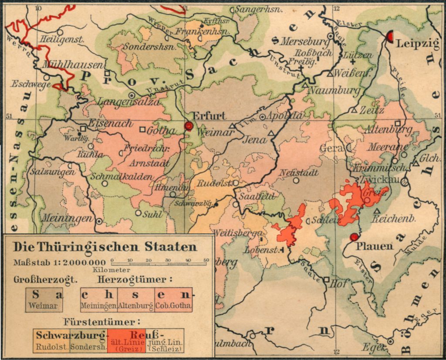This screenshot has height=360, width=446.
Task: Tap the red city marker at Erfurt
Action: pos(188,126)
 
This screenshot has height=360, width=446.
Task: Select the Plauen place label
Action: pos(375,247)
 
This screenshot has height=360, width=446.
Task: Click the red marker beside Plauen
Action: pos(354,237)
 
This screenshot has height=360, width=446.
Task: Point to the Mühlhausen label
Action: pos(73,65)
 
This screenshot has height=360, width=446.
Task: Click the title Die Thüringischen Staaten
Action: pos(105,247)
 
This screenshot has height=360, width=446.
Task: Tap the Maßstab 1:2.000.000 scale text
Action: pos(60,262)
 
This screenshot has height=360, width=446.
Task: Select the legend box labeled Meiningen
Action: pos(98,299)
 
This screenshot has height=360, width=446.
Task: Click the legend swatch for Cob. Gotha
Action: pos(173,299)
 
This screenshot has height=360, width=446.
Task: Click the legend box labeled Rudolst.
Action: pos(51,341)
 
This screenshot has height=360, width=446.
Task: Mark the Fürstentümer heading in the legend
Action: pos(102,323)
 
